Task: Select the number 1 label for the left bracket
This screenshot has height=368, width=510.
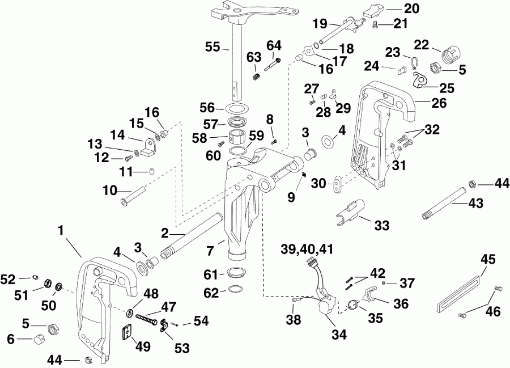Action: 61,231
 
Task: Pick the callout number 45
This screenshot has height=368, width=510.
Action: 487,260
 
